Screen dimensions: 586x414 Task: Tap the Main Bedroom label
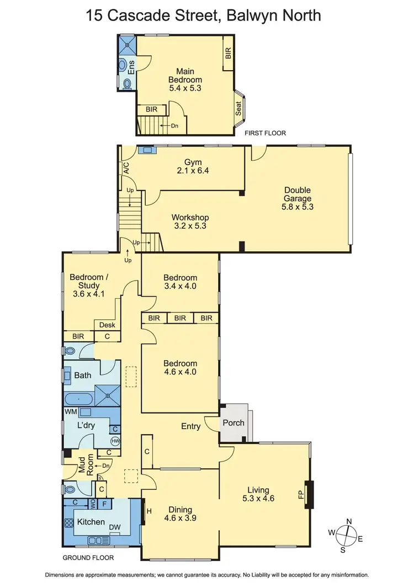click(x=185, y=76)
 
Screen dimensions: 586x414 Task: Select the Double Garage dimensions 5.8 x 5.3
click(x=298, y=207)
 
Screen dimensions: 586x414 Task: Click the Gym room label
click(x=193, y=162)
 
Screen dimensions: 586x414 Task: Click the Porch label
click(x=233, y=423)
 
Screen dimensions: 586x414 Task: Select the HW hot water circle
click(x=115, y=441)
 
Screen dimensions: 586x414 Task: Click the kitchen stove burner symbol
click(x=70, y=522)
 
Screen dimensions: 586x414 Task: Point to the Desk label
click(x=107, y=325)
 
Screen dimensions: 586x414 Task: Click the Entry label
click(x=191, y=426)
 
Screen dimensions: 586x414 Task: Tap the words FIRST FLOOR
click(x=266, y=133)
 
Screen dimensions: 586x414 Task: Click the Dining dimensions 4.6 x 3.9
click(x=181, y=518)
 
